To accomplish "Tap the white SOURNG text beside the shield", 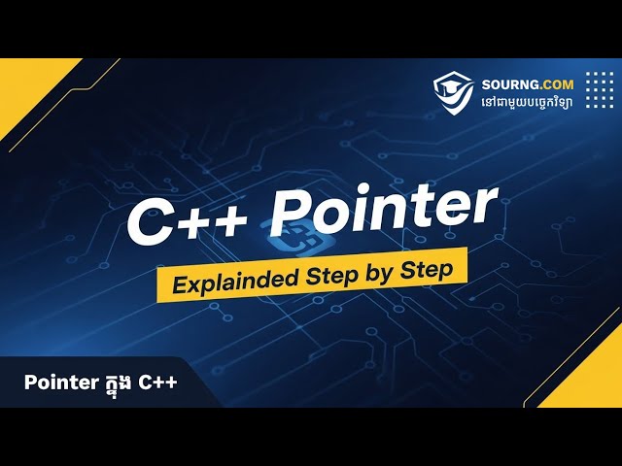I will pyautogui.click(x=508, y=84).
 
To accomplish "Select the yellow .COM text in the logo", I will pyautogui.click(x=555, y=84).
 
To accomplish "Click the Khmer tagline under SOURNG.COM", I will pyautogui.click(x=528, y=102).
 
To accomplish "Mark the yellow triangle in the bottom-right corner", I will pyautogui.click(x=588, y=379).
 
